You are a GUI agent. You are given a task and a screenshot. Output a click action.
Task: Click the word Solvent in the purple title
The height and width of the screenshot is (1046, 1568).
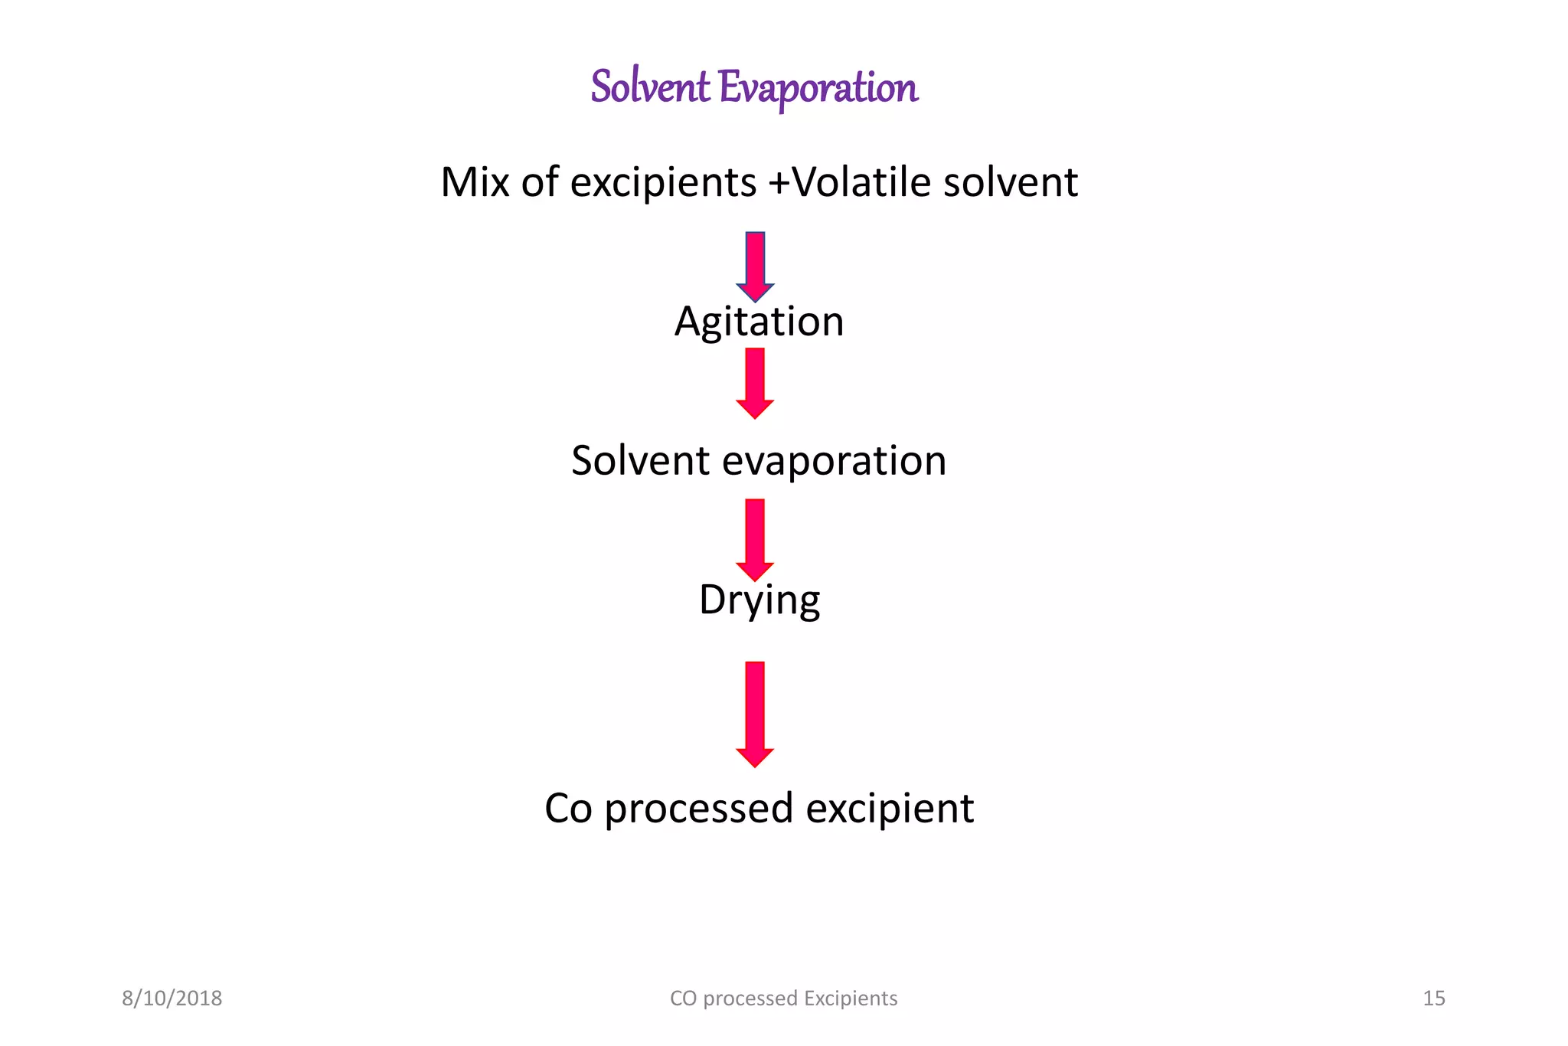[650, 86]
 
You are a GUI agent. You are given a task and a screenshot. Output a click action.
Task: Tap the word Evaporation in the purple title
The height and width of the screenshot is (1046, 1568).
[818, 89]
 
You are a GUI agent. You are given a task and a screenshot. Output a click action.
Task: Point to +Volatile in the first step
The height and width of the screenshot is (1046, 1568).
[850, 182]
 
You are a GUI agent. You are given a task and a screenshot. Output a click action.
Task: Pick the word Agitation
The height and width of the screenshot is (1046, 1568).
[759, 322]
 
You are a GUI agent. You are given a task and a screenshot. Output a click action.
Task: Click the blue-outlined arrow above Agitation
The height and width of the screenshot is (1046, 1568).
[755, 266]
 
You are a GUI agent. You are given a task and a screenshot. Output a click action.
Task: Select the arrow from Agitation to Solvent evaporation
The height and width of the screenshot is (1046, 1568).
[755, 384]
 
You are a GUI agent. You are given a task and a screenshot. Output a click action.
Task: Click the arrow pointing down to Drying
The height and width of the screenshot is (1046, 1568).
[755, 540]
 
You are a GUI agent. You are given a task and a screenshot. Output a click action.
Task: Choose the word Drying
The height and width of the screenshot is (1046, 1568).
[759, 601]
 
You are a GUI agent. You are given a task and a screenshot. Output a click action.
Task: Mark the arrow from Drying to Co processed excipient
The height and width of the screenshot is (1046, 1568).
[755, 714]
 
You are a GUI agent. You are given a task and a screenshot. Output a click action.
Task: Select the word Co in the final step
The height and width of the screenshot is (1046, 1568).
[569, 809]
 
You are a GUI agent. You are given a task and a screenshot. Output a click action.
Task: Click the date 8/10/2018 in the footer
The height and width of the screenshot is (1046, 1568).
[172, 998]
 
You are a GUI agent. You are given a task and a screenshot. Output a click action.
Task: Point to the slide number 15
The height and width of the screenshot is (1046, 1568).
[1434, 998]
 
